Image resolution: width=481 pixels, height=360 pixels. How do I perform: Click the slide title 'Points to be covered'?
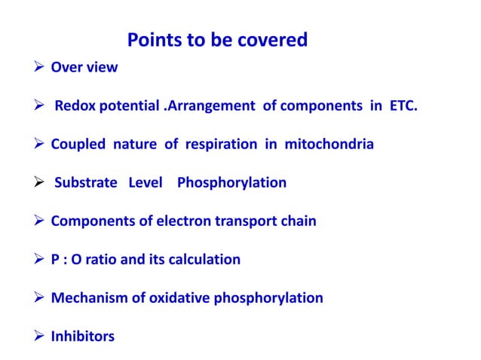217,40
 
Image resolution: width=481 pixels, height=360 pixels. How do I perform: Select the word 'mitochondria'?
329,144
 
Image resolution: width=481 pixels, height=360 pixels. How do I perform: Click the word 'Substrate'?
86,182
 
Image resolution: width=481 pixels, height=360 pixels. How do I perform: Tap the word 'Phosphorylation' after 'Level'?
231,182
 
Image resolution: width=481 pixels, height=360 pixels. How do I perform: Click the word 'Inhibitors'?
82,336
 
